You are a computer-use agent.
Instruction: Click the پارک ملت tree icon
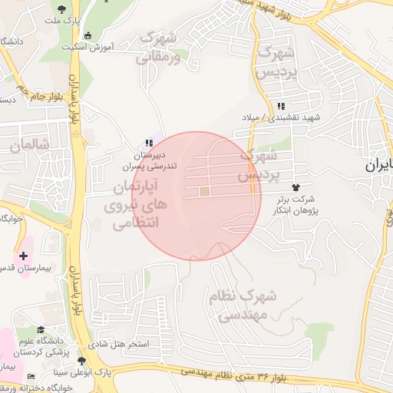(x=61, y=9)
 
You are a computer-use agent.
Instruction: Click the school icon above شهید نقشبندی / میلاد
(x=281, y=105)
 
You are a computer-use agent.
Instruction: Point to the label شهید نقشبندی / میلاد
(x=281, y=117)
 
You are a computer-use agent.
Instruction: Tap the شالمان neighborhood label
(x=29, y=144)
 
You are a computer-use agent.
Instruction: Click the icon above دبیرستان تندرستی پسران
(x=148, y=143)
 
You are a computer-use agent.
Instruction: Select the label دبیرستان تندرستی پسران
(x=151, y=160)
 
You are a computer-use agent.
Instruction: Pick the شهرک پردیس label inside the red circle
(x=257, y=165)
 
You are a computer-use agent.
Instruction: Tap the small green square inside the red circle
(x=204, y=191)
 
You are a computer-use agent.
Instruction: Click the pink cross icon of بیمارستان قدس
(x=23, y=255)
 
